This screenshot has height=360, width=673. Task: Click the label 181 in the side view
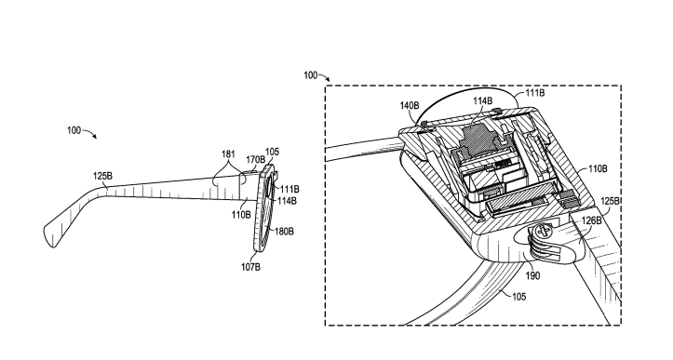[x=228, y=153]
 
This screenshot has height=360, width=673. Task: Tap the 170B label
[x=255, y=160]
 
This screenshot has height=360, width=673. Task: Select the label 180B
[x=284, y=232]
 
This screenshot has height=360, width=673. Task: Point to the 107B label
[x=250, y=267]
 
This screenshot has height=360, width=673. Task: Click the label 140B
[x=410, y=105]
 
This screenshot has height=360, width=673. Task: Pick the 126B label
[x=591, y=220]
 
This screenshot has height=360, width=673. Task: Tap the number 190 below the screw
[x=532, y=276]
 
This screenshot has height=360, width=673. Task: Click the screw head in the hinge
[x=543, y=232]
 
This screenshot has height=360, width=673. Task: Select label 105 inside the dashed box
[x=518, y=297]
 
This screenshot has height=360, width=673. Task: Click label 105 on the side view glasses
[x=272, y=152]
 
